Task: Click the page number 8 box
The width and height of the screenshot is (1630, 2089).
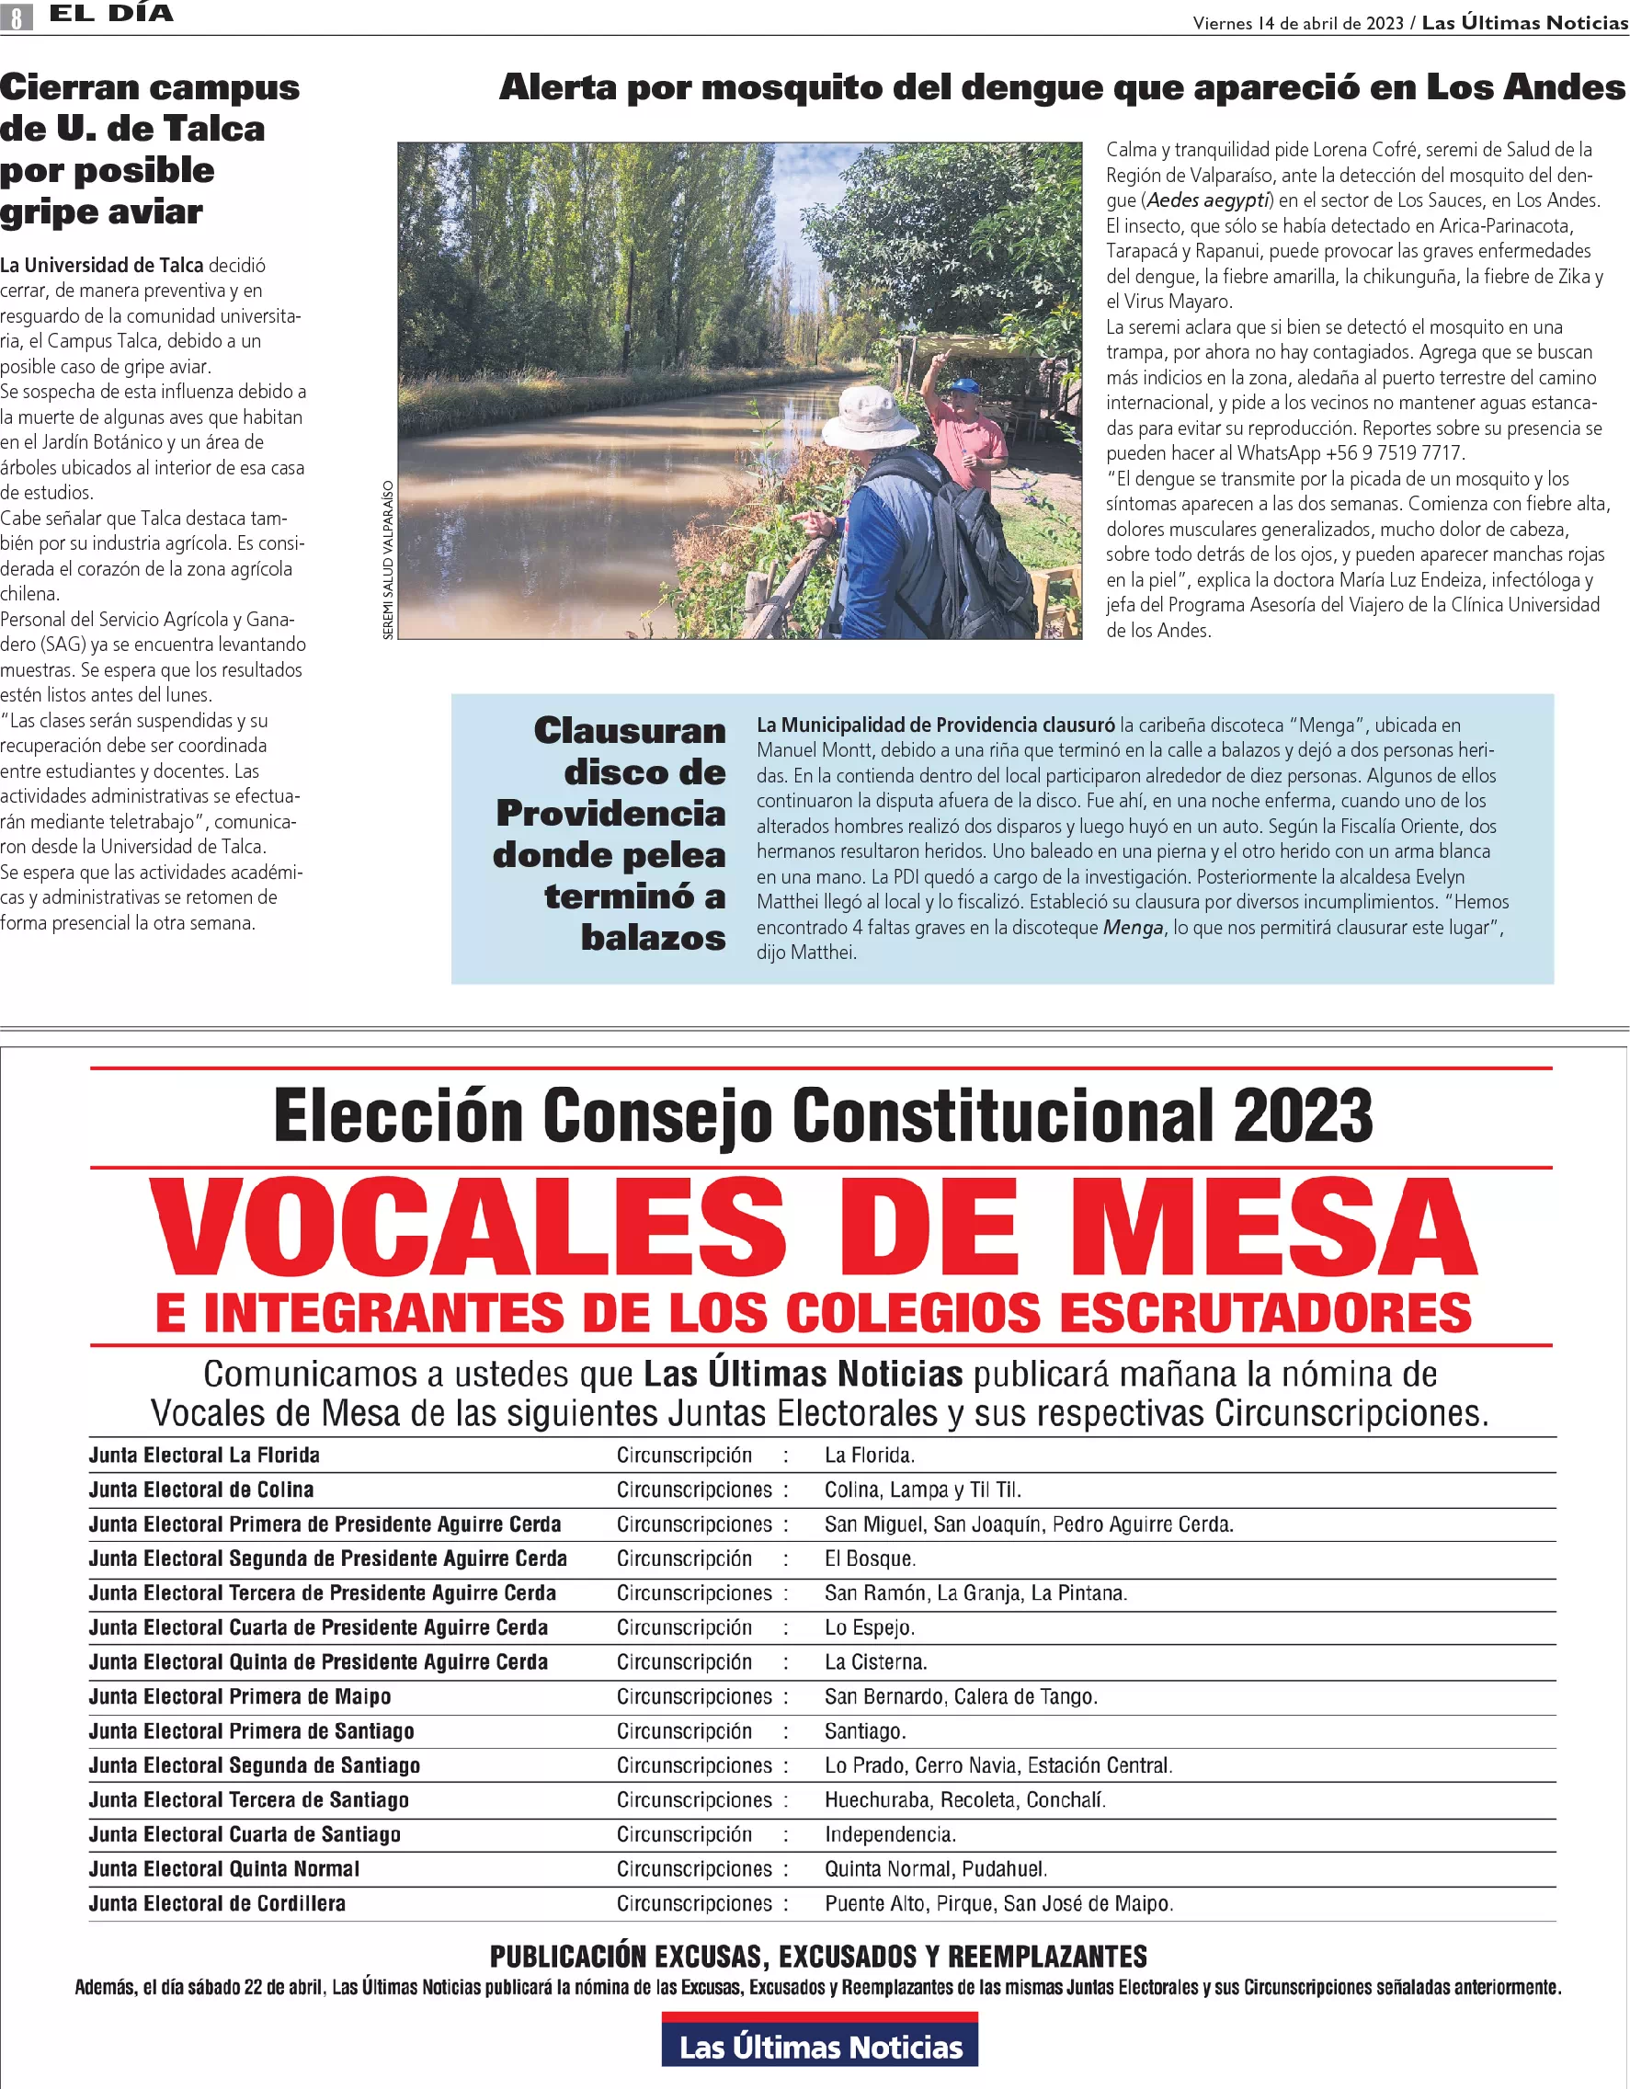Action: (17, 17)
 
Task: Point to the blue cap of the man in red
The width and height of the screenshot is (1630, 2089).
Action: (964, 386)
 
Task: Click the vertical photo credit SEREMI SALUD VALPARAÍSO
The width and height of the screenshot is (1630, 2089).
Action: (387, 560)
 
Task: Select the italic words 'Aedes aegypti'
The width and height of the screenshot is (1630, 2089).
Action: (1208, 200)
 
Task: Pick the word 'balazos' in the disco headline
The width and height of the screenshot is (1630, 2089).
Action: (654, 937)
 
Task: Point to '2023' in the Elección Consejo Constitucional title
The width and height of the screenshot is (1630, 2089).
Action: (1303, 1115)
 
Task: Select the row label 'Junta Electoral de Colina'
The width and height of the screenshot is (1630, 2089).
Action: (201, 1490)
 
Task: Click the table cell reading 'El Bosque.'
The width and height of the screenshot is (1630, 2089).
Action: (871, 1558)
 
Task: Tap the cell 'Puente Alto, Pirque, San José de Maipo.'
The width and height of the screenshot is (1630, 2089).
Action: (998, 1903)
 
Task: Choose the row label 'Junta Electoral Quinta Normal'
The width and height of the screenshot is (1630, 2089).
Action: (223, 1869)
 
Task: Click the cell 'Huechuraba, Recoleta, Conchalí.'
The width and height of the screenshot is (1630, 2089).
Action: (965, 1800)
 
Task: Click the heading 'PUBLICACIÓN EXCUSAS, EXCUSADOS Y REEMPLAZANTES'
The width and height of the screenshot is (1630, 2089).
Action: (818, 1957)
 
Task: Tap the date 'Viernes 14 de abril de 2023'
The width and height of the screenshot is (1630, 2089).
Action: (1298, 23)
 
